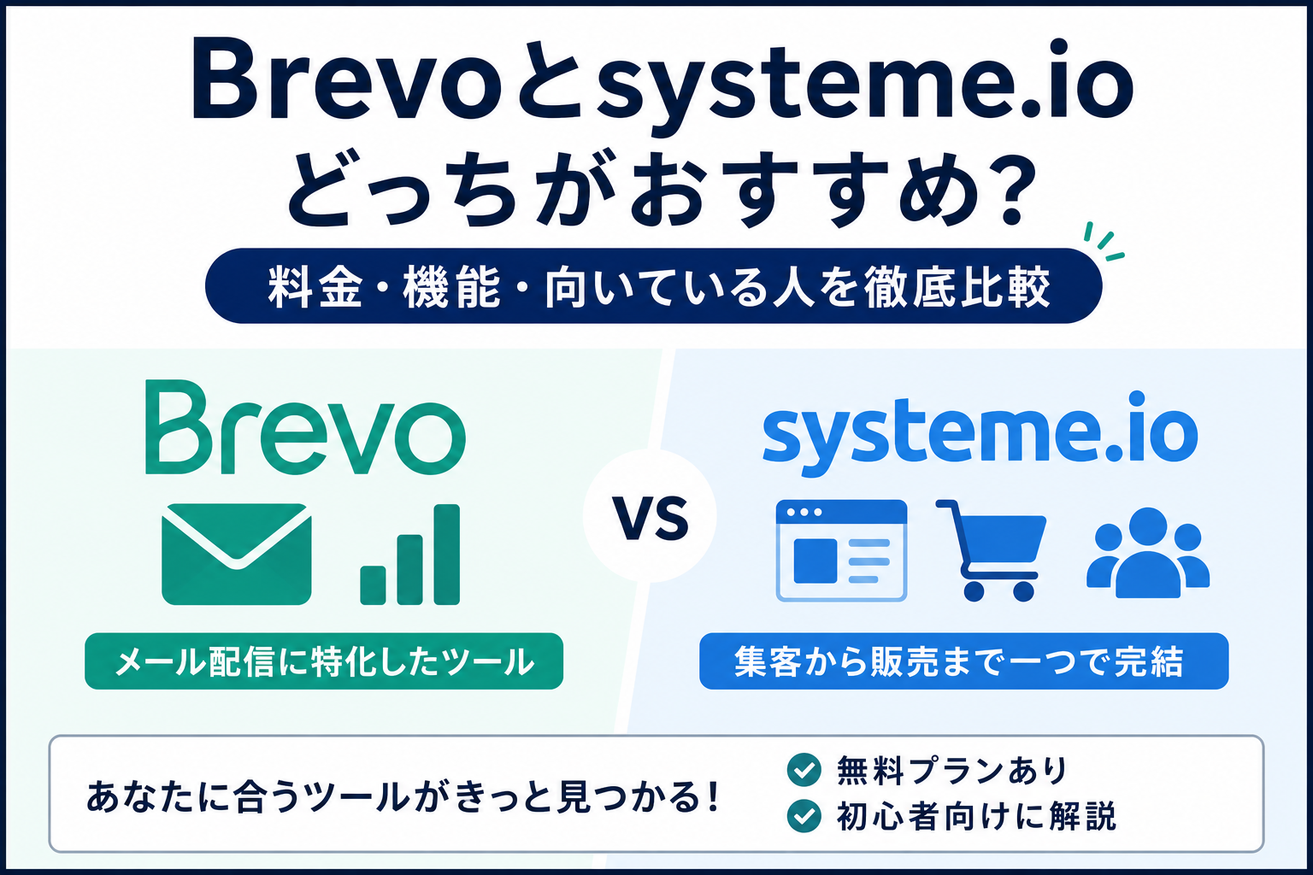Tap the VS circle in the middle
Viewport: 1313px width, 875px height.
point(650,516)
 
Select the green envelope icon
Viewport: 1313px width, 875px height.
point(236,554)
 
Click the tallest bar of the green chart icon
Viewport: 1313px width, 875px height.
point(447,554)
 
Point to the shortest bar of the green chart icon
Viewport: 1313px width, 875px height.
point(373,584)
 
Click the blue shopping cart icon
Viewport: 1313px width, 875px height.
point(992,549)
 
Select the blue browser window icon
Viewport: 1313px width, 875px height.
point(841,550)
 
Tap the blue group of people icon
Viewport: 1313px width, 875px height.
point(1148,552)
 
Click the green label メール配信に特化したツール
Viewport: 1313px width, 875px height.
point(324,661)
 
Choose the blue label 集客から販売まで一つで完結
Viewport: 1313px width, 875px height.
point(963,661)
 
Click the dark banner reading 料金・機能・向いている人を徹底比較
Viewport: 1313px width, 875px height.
point(654,286)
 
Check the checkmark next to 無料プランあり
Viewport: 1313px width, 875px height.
point(804,770)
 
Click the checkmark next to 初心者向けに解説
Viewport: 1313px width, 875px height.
point(804,816)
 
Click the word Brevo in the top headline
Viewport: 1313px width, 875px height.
point(346,82)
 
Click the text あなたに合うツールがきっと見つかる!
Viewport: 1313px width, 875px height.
point(403,797)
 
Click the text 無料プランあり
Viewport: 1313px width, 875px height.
point(951,770)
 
